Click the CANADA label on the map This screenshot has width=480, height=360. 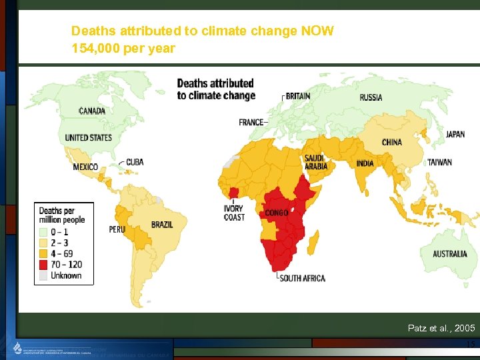tap(92, 111)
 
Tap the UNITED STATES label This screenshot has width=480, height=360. tap(88, 138)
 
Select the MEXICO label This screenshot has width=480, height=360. tap(85, 167)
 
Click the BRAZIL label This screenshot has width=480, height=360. tap(162, 225)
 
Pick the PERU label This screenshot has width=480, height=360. tap(117, 229)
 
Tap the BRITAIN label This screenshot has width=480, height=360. tap(298, 96)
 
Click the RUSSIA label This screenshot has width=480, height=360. tap(371, 97)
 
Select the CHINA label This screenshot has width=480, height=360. tap(391, 142)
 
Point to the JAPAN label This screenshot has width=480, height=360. tap(455, 135)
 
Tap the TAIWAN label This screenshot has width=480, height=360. tap(439, 162)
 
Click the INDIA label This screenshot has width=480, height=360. tap(365, 164)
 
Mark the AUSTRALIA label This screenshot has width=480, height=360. tap(450, 254)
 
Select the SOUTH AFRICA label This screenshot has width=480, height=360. tap(303, 278)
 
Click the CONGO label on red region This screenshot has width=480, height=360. tap(277, 213)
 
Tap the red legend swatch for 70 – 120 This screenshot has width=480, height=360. tap(44, 265)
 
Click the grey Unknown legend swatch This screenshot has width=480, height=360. tap(44, 275)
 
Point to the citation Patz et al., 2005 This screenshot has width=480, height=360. tap(441, 328)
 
